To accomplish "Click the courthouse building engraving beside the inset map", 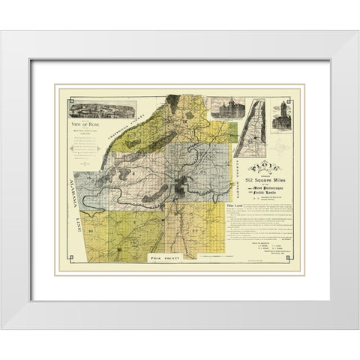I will pyautogui.click(x=223, y=109).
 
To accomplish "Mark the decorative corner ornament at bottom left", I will pyautogui.click(x=70, y=259).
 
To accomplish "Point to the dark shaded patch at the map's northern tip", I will pyautogui.click(x=173, y=100).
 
